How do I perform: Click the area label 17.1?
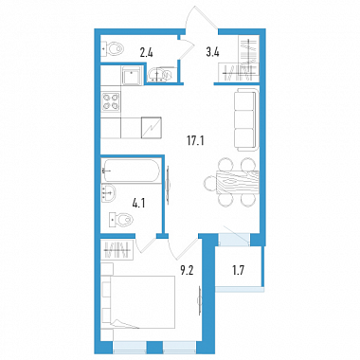195,139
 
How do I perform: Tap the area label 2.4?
146,52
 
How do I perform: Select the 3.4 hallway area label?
212,52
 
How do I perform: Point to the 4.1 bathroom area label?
138,203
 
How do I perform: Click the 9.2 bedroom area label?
187,270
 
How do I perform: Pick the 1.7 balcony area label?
238,270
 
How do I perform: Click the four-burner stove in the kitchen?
110,101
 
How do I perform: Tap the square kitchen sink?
130,76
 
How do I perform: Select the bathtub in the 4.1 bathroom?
131,171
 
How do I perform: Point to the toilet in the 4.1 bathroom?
120,220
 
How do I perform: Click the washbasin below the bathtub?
109,192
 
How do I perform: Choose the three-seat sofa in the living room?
246,119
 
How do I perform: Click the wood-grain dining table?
238,182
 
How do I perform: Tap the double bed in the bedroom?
138,302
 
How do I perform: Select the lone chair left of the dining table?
210,182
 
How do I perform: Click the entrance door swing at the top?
201,19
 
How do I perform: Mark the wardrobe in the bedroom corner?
117,249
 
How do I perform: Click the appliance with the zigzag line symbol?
152,128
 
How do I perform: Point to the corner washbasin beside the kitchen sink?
160,75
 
